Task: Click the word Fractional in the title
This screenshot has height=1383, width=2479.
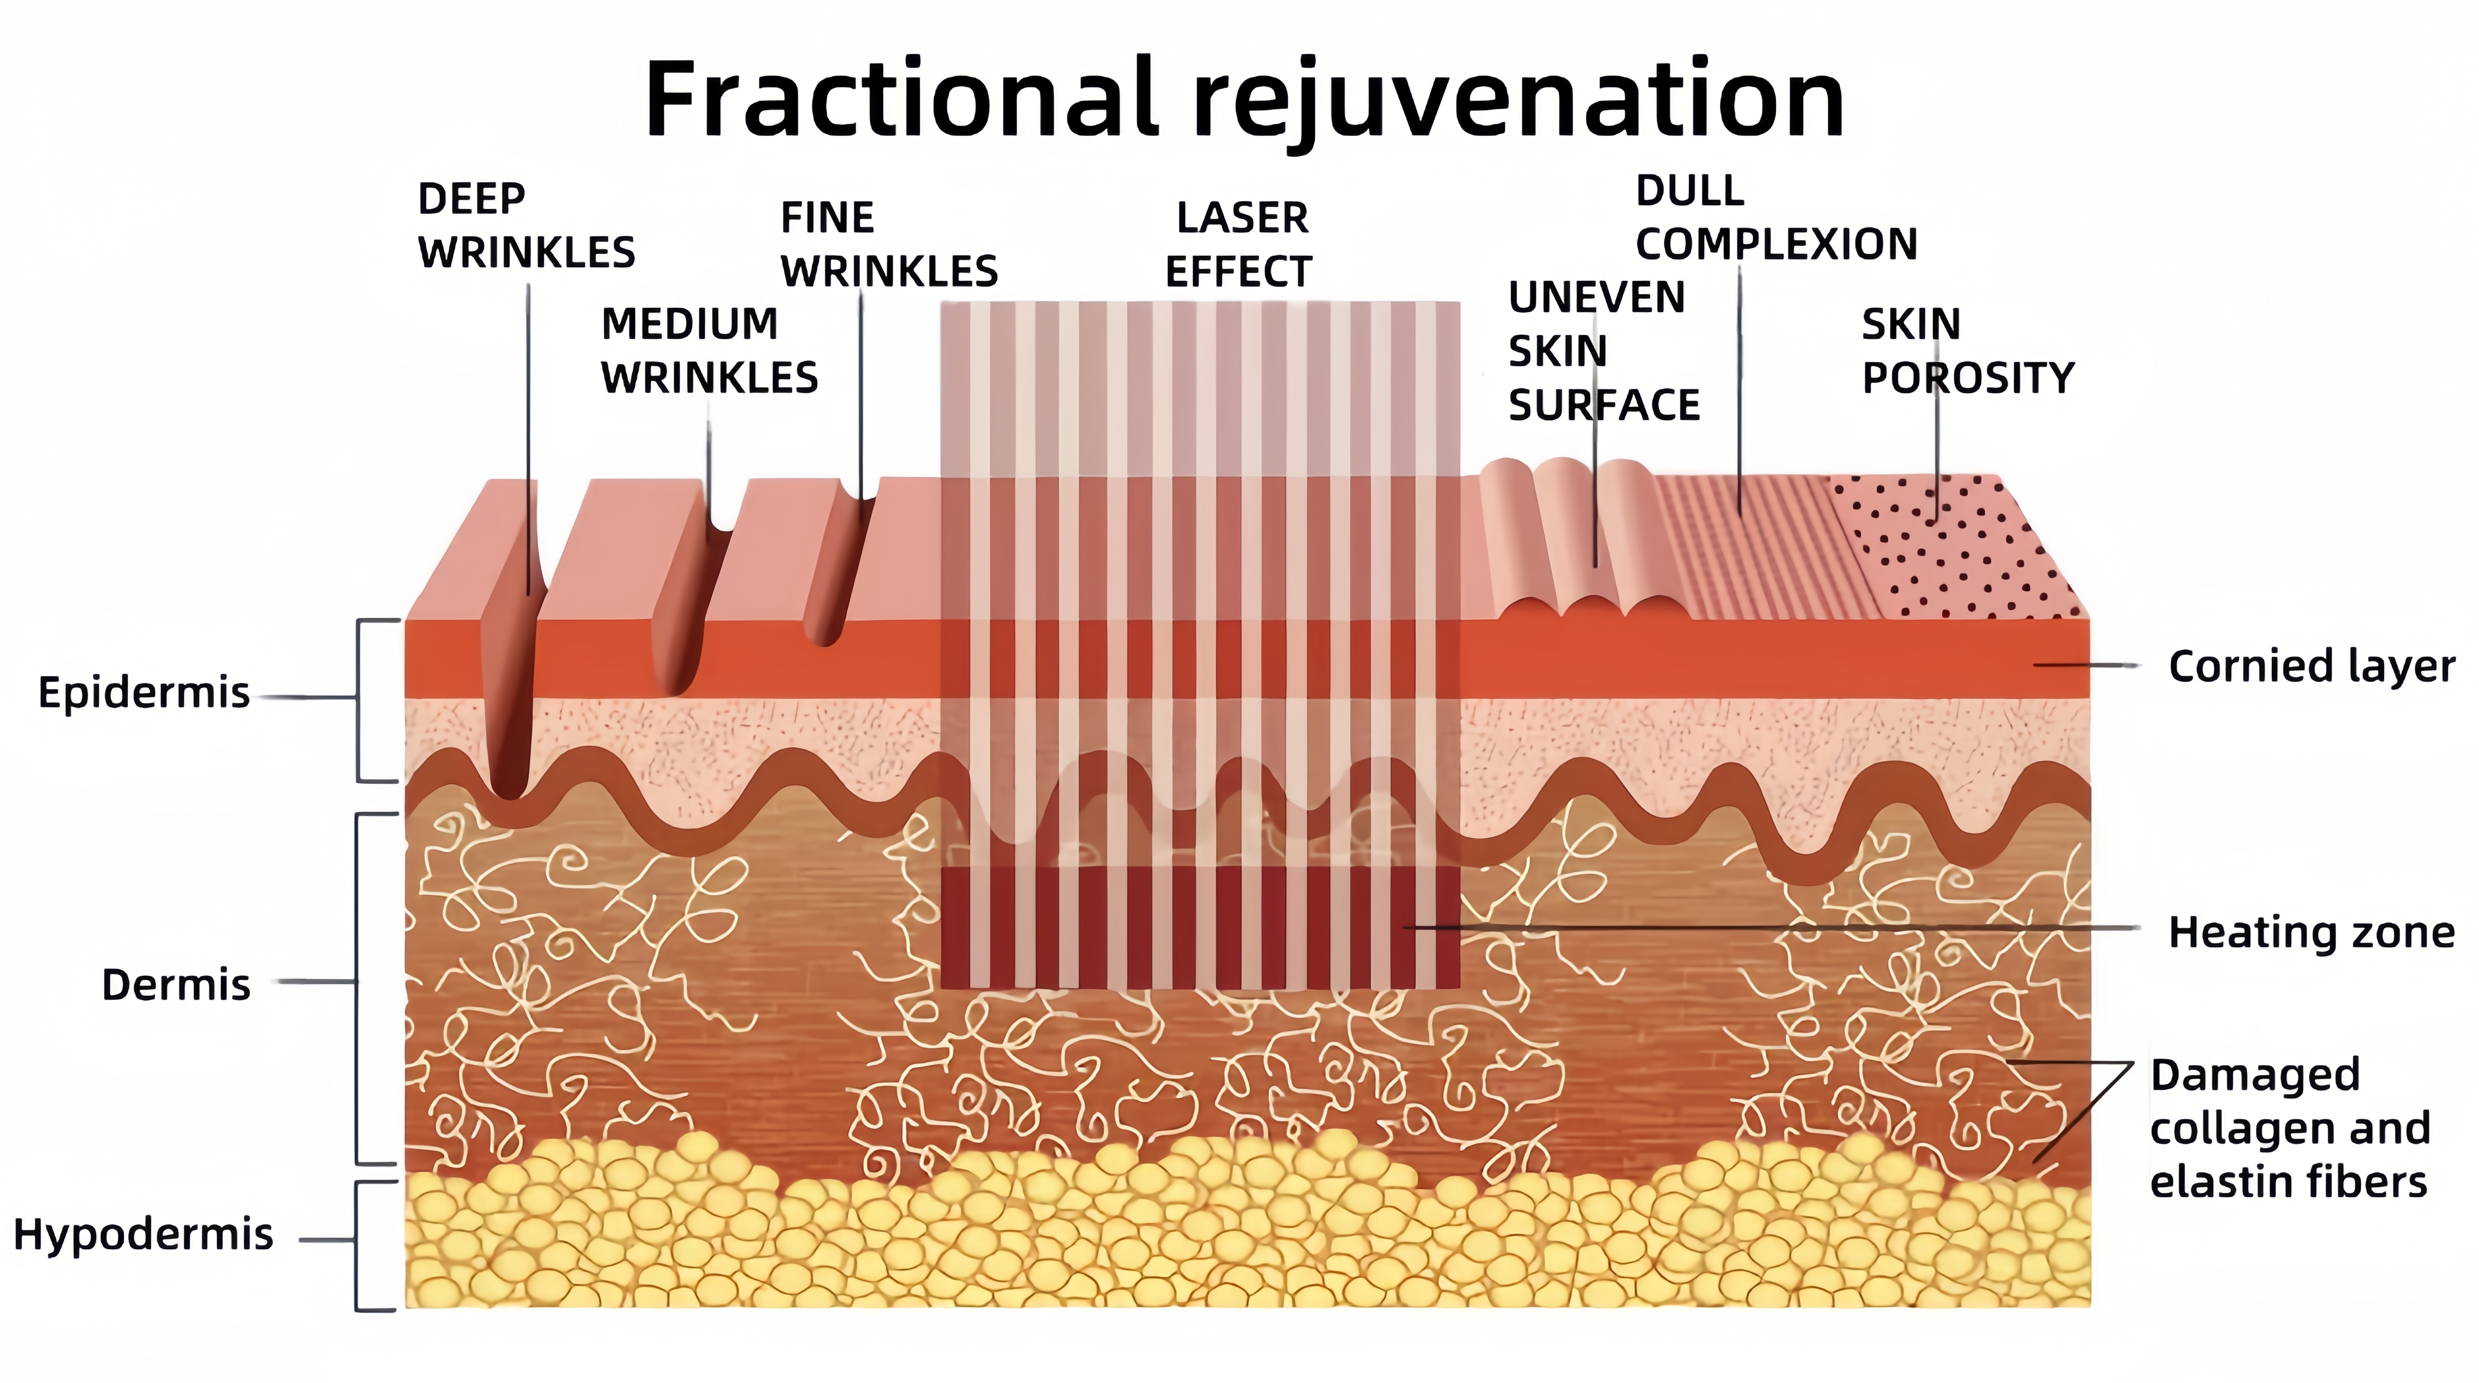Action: click(x=900, y=99)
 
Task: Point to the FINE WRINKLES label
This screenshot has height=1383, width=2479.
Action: click(x=888, y=245)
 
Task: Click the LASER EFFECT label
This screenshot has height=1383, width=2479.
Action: click(x=1239, y=245)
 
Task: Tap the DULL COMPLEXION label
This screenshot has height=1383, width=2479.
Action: click(x=1775, y=217)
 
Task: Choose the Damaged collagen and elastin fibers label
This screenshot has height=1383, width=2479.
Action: click(x=2288, y=1128)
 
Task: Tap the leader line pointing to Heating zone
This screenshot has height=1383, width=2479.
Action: click(x=1780, y=928)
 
